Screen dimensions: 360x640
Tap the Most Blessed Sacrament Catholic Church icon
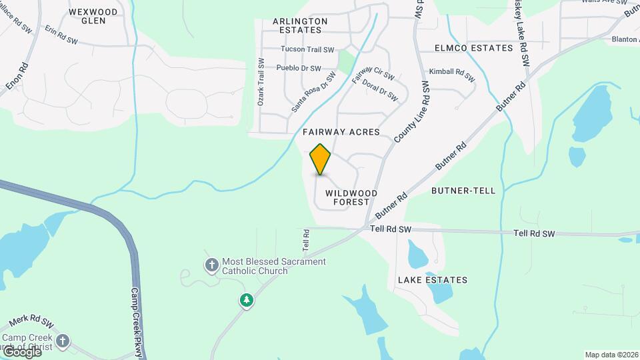click(x=212, y=265)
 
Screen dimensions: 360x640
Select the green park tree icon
click(x=247, y=301)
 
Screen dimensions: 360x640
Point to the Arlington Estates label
click(x=300, y=25)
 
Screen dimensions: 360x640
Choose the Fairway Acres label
click(x=341, y=132)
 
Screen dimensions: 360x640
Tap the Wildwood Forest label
click(x=351, y=197)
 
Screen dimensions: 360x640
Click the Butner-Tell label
click(x=463, y=191)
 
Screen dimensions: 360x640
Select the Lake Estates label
click(x=433, y=280)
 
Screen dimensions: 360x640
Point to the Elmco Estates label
click(x=473, y=48)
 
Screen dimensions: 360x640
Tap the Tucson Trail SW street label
click(x=307, y=49)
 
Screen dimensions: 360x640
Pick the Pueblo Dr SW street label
click(x=298, y=68)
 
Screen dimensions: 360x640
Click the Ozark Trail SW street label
click(x=261, y=82)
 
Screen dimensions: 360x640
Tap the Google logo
click(x=21, y=351)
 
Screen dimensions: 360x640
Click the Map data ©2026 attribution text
click(x=611, y=355)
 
